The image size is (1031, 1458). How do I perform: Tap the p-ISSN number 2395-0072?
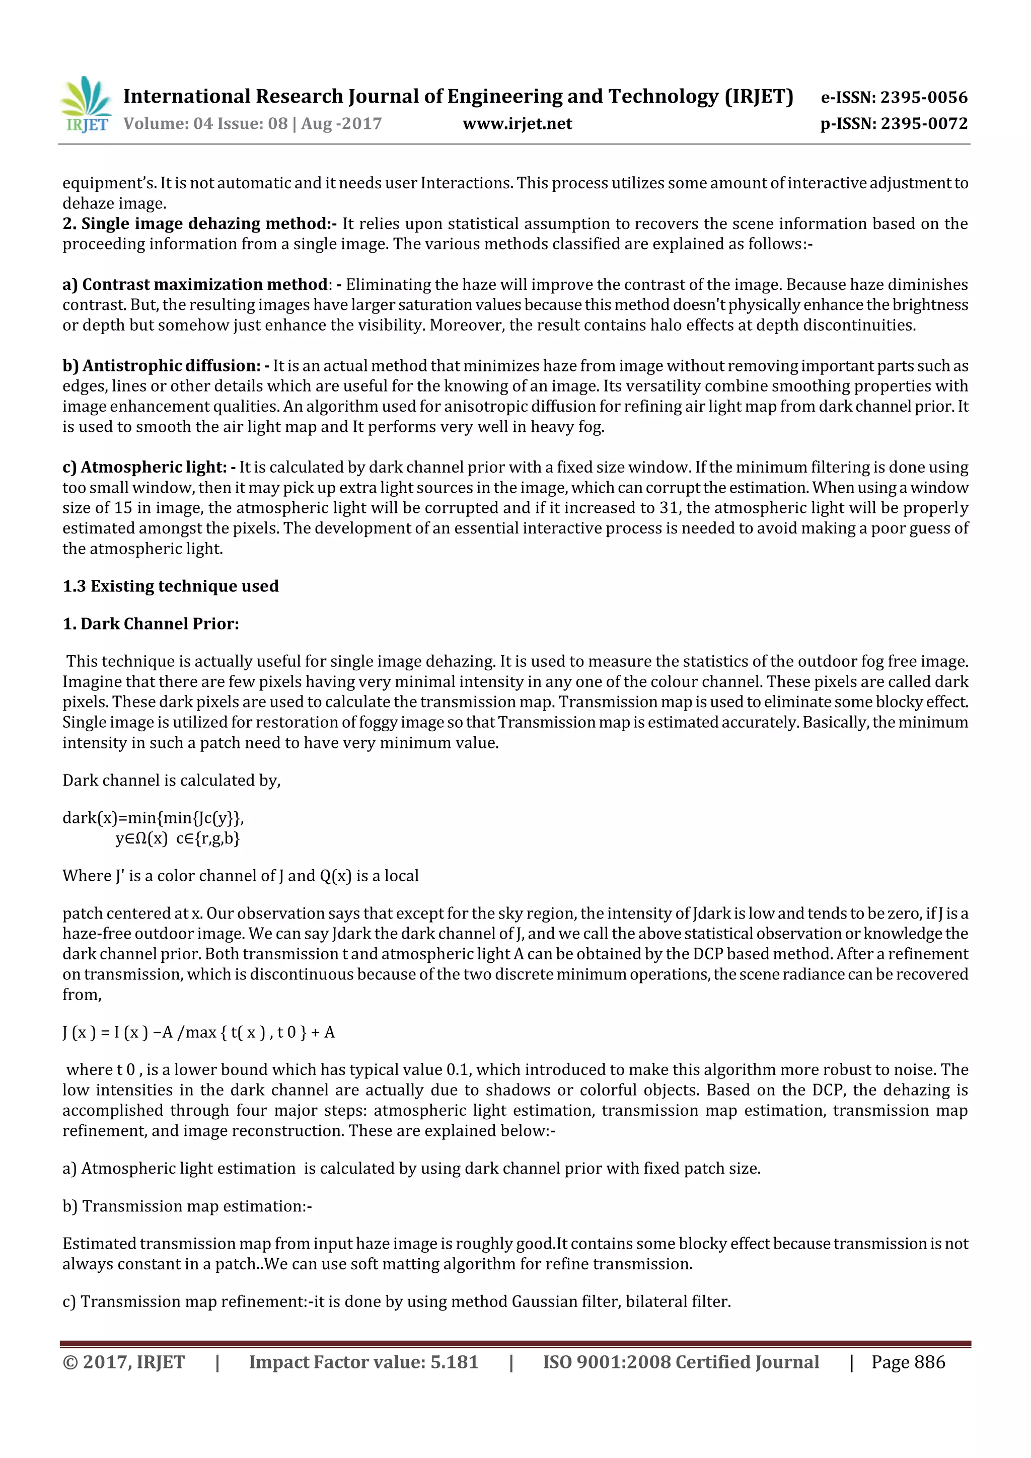click(x=924, y=124)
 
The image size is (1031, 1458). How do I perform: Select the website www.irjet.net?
click(x=517, y=124)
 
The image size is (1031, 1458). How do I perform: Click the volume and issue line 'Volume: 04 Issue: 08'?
click(x=205, y=124)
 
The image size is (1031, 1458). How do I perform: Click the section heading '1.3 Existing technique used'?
click(x=170, y=586)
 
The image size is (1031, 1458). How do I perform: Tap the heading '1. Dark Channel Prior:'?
click(x=151, y=624)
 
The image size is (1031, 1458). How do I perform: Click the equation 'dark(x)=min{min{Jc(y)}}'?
click(x=153, y=818)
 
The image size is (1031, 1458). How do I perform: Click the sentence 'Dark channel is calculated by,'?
click(x=172, y=781)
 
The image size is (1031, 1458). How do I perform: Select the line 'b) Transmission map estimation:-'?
click(x=187, y=1206)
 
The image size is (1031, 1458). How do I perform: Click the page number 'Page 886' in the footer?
click(x=908, y=1362)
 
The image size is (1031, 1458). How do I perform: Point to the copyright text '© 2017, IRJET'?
click(x=124, y=1362)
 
